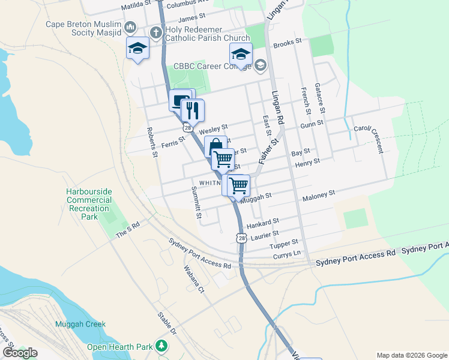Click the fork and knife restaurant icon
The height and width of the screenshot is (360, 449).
tap(193, 110)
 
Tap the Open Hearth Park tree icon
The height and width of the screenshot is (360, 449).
tap(161, 346)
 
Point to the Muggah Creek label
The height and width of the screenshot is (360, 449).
tap(80, 325)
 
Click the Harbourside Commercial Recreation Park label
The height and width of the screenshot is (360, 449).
tap(89, 203)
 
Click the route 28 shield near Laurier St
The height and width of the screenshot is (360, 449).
tap(241, 238)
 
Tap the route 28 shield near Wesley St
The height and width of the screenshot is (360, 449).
tap(188, 128)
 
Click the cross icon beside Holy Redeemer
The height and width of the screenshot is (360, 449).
tap(155, 32)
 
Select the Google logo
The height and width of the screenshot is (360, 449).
tap(20, 353)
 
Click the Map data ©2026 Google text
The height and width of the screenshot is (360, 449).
tap(411, 355)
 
